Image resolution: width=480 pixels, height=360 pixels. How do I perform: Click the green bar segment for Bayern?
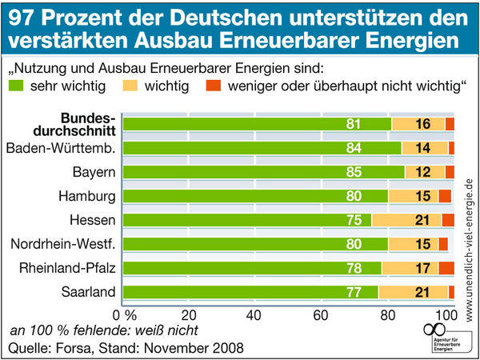click(264, 172)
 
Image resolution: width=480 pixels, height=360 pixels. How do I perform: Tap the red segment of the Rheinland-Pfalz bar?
click(446, 268)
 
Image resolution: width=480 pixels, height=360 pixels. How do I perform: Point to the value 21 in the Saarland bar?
click(424, 292)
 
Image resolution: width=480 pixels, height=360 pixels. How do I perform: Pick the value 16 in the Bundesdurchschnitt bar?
click(424, 124)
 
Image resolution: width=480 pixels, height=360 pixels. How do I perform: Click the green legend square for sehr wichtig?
click(15, 85)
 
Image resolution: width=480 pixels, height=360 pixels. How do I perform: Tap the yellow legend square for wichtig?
click(134, 85)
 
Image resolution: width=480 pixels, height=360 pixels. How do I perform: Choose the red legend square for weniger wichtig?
click(212, 85)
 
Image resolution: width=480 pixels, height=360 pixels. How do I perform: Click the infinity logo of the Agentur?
click(433, 329)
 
